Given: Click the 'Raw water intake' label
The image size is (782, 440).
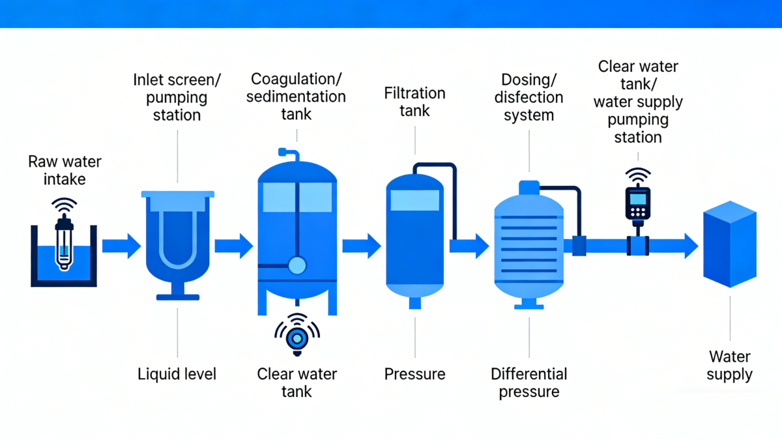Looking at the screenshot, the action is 65,170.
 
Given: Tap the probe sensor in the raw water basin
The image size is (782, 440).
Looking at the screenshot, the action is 64,242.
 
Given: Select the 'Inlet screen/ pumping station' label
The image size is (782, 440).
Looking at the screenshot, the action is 177,97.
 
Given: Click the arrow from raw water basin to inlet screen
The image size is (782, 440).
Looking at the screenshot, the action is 121,246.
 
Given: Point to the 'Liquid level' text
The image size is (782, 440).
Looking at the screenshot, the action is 177,374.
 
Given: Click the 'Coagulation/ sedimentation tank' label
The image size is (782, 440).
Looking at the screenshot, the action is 296,96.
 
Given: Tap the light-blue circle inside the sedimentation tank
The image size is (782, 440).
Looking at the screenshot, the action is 297,265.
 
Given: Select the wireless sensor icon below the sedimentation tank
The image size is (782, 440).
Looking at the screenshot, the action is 297,334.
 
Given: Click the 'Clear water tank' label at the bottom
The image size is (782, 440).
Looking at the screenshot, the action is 297,383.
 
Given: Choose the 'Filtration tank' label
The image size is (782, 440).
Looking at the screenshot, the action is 414,102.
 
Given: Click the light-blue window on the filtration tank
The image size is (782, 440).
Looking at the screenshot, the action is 414,200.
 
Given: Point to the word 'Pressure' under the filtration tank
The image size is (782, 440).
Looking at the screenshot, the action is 414,374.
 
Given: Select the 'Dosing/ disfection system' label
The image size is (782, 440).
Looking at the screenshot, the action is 529,97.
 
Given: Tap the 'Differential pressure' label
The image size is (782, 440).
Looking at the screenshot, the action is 529,383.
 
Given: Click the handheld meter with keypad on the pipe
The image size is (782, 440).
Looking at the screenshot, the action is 638,203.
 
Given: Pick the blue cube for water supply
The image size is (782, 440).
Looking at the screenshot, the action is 730,244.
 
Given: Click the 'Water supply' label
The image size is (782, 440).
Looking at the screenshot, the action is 730,366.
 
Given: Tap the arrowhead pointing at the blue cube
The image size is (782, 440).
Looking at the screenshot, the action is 691,246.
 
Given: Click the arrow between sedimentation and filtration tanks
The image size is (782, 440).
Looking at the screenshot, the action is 362,246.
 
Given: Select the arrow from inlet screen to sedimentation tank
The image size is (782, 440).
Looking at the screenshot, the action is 234,246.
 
